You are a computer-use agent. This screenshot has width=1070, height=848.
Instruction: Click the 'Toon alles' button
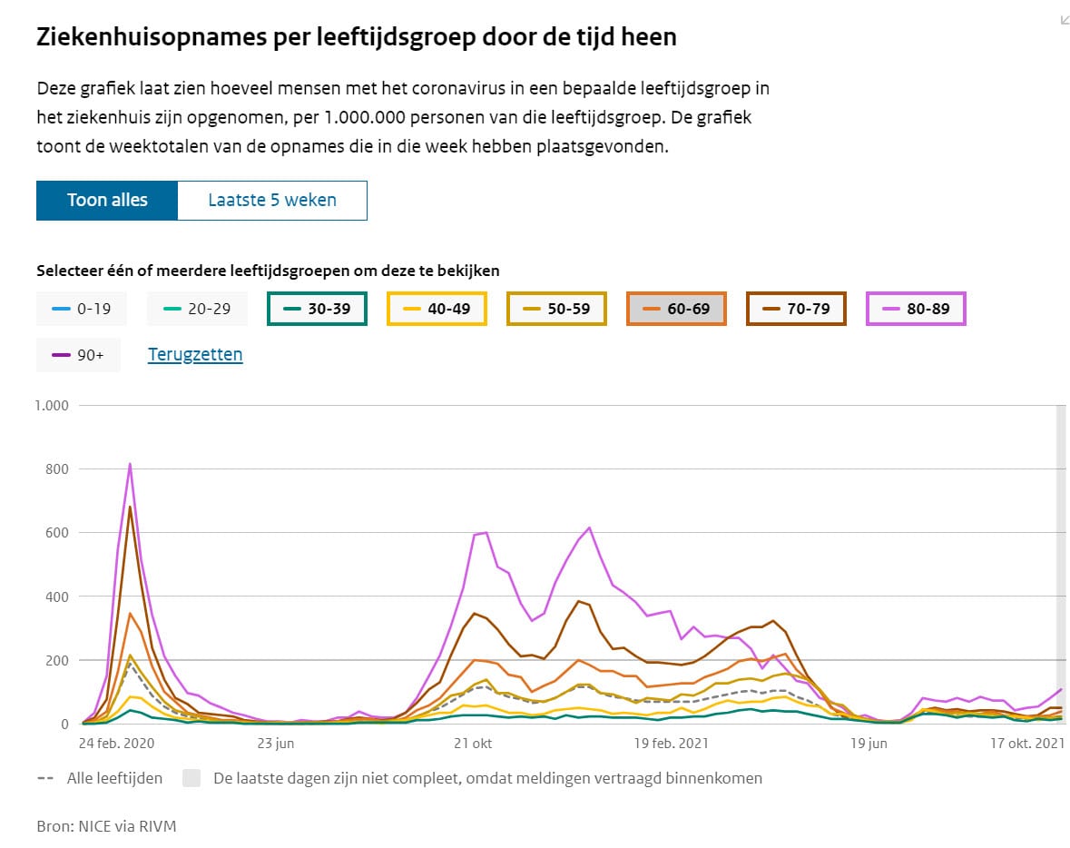(107, 200)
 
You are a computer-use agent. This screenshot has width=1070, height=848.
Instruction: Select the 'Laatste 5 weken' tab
(272, 200)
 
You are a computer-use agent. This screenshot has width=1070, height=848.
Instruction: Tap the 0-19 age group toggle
(81, 309)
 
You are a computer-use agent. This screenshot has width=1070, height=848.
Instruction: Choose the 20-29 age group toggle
(197, 309)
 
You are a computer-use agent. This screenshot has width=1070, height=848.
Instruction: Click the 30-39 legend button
(317, 309)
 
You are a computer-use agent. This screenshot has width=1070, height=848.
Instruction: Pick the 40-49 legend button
(437, 309)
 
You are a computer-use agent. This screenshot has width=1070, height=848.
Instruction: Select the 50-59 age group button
(556, 309)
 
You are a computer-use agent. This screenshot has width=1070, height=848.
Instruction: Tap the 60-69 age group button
(676, 309)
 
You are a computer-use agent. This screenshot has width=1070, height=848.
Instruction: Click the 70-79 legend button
(796, 309)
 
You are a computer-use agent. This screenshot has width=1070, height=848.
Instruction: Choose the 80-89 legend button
(916, 309)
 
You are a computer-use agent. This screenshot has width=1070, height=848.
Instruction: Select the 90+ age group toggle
(78, 355)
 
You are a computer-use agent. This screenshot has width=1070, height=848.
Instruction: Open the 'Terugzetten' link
(195, 354)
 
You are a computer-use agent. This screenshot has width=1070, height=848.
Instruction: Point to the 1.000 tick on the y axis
(52, 406)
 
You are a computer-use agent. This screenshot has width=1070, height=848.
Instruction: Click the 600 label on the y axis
(56, 533)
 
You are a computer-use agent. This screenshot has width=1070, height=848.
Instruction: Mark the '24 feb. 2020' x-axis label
(117, 743)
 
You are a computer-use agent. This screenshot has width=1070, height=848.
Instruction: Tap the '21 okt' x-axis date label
(473, 743)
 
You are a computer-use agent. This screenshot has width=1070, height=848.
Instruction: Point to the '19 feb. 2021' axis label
(671, 743)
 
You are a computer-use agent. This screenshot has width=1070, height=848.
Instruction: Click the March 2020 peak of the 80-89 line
(130, 464)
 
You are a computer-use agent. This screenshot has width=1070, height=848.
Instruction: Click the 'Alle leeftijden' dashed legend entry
(100, 778)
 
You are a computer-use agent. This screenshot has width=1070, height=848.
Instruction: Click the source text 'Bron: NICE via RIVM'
(106, 826)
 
